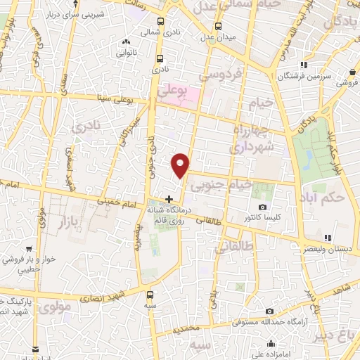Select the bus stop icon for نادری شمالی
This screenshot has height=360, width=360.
click(161, 22)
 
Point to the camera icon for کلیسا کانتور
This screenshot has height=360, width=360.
click(263, 207)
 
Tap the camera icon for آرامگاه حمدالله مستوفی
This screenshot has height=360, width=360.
click(270, 311)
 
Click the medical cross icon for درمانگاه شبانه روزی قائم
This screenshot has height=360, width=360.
click(169, 199)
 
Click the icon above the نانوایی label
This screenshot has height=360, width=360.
click(125, 41)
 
